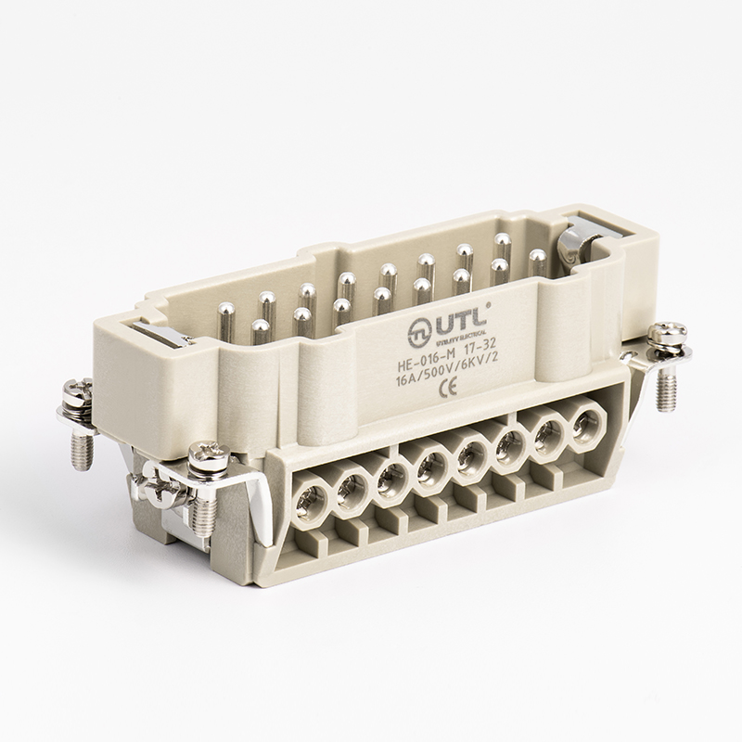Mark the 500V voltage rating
pyautogui.click(x=443, y=365)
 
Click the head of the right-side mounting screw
pyautogui.click(x=668, y=333)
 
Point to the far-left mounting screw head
pyautogui.click(x=74, y=390)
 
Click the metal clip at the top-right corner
pyautogui.click(x=575, y=243)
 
